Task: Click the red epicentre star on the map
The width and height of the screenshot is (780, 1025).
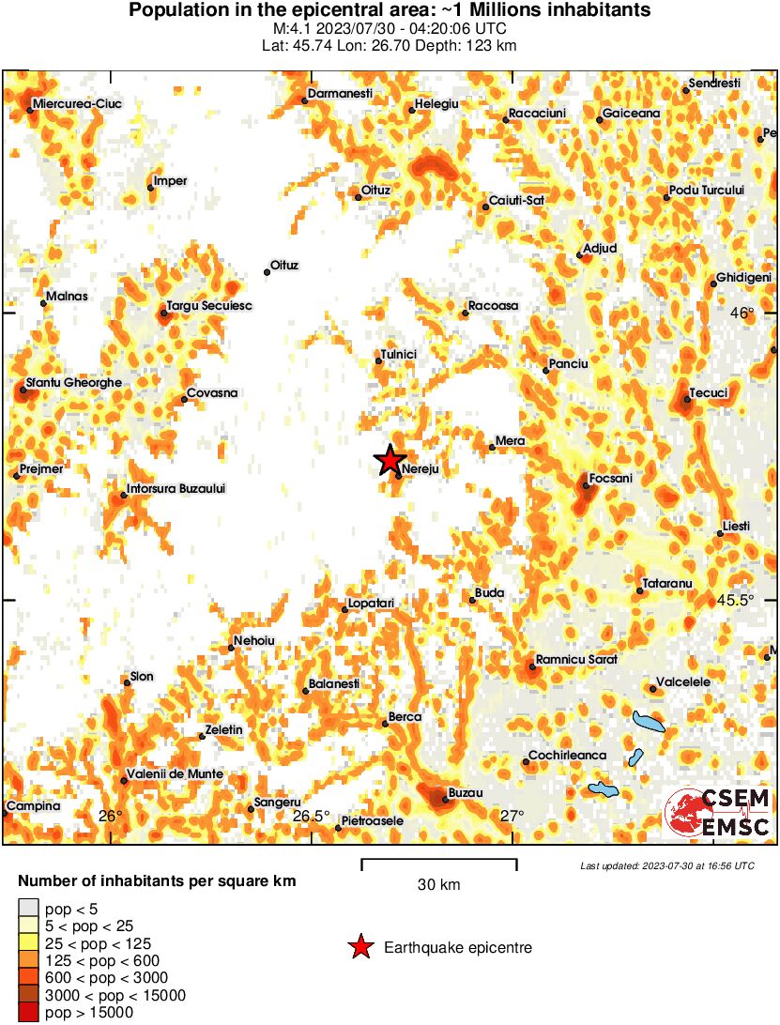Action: click(x=389, y=460)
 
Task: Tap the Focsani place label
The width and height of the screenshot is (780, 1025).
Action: click(x=610, y=479)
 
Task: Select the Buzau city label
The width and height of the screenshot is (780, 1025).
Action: click(x=466, y=793)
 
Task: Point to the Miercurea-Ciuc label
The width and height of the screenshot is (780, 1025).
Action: click(x=76, y=103)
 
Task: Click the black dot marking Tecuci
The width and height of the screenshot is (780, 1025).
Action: click(x=687, y=400)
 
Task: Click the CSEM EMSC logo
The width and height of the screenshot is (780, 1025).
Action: click(x=719, y=813)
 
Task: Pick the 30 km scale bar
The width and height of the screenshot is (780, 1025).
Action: click(x=438, y=864)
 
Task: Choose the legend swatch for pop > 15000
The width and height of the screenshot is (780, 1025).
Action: click(x=29, y=1012)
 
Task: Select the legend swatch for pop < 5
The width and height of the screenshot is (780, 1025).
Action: click(x=29, y=908)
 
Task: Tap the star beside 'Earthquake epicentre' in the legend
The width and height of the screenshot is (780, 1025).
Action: click(x=360, y=948)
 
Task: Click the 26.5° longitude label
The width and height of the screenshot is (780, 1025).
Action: click(x=310, y=815)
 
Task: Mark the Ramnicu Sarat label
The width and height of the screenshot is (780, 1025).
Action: click(x=576, y=660)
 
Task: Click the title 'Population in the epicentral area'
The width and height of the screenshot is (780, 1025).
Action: click(x=390, y=11)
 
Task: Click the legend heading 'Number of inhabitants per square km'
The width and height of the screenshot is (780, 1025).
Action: click(x=158, y=881)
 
